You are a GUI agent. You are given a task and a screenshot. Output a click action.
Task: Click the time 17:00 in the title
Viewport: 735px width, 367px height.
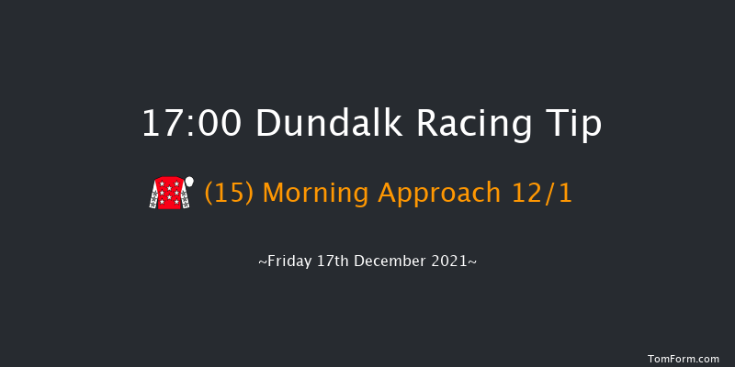click(x=191, y=123)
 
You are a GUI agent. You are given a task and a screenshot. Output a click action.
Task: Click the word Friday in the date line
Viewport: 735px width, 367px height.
click(x=288, y=262)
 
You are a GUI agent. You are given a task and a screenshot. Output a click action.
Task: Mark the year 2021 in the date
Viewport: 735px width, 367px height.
click(x=451, y=262)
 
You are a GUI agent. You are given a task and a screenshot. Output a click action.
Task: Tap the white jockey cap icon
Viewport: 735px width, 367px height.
click(x=189, y=181)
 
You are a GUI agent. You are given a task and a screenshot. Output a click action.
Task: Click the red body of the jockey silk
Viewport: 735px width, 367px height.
click(x=168, y=195)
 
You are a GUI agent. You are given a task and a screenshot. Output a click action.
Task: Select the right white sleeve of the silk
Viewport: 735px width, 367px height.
click(x=184, y=196)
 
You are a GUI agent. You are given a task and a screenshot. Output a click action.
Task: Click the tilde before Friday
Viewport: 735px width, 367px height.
click(x=263, y=262)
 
